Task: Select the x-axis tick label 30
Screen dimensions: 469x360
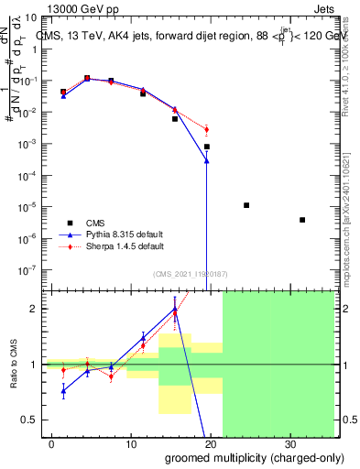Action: tap(290, 442)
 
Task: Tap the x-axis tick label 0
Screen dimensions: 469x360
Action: tap(51, 442)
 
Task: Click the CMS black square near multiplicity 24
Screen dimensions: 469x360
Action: tap(246, 205)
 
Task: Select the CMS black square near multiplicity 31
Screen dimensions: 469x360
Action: tap(302, 220)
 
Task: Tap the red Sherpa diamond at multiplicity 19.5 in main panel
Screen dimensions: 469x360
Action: tap(207, 129)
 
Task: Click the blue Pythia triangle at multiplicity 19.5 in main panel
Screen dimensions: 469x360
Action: tap(207, 160)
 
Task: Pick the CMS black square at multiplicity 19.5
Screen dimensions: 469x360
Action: tap(207, 147)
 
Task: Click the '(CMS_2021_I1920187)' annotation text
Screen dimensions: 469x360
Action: tap(183, 273)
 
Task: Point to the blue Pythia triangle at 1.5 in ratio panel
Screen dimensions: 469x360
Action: tap(63, 390)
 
